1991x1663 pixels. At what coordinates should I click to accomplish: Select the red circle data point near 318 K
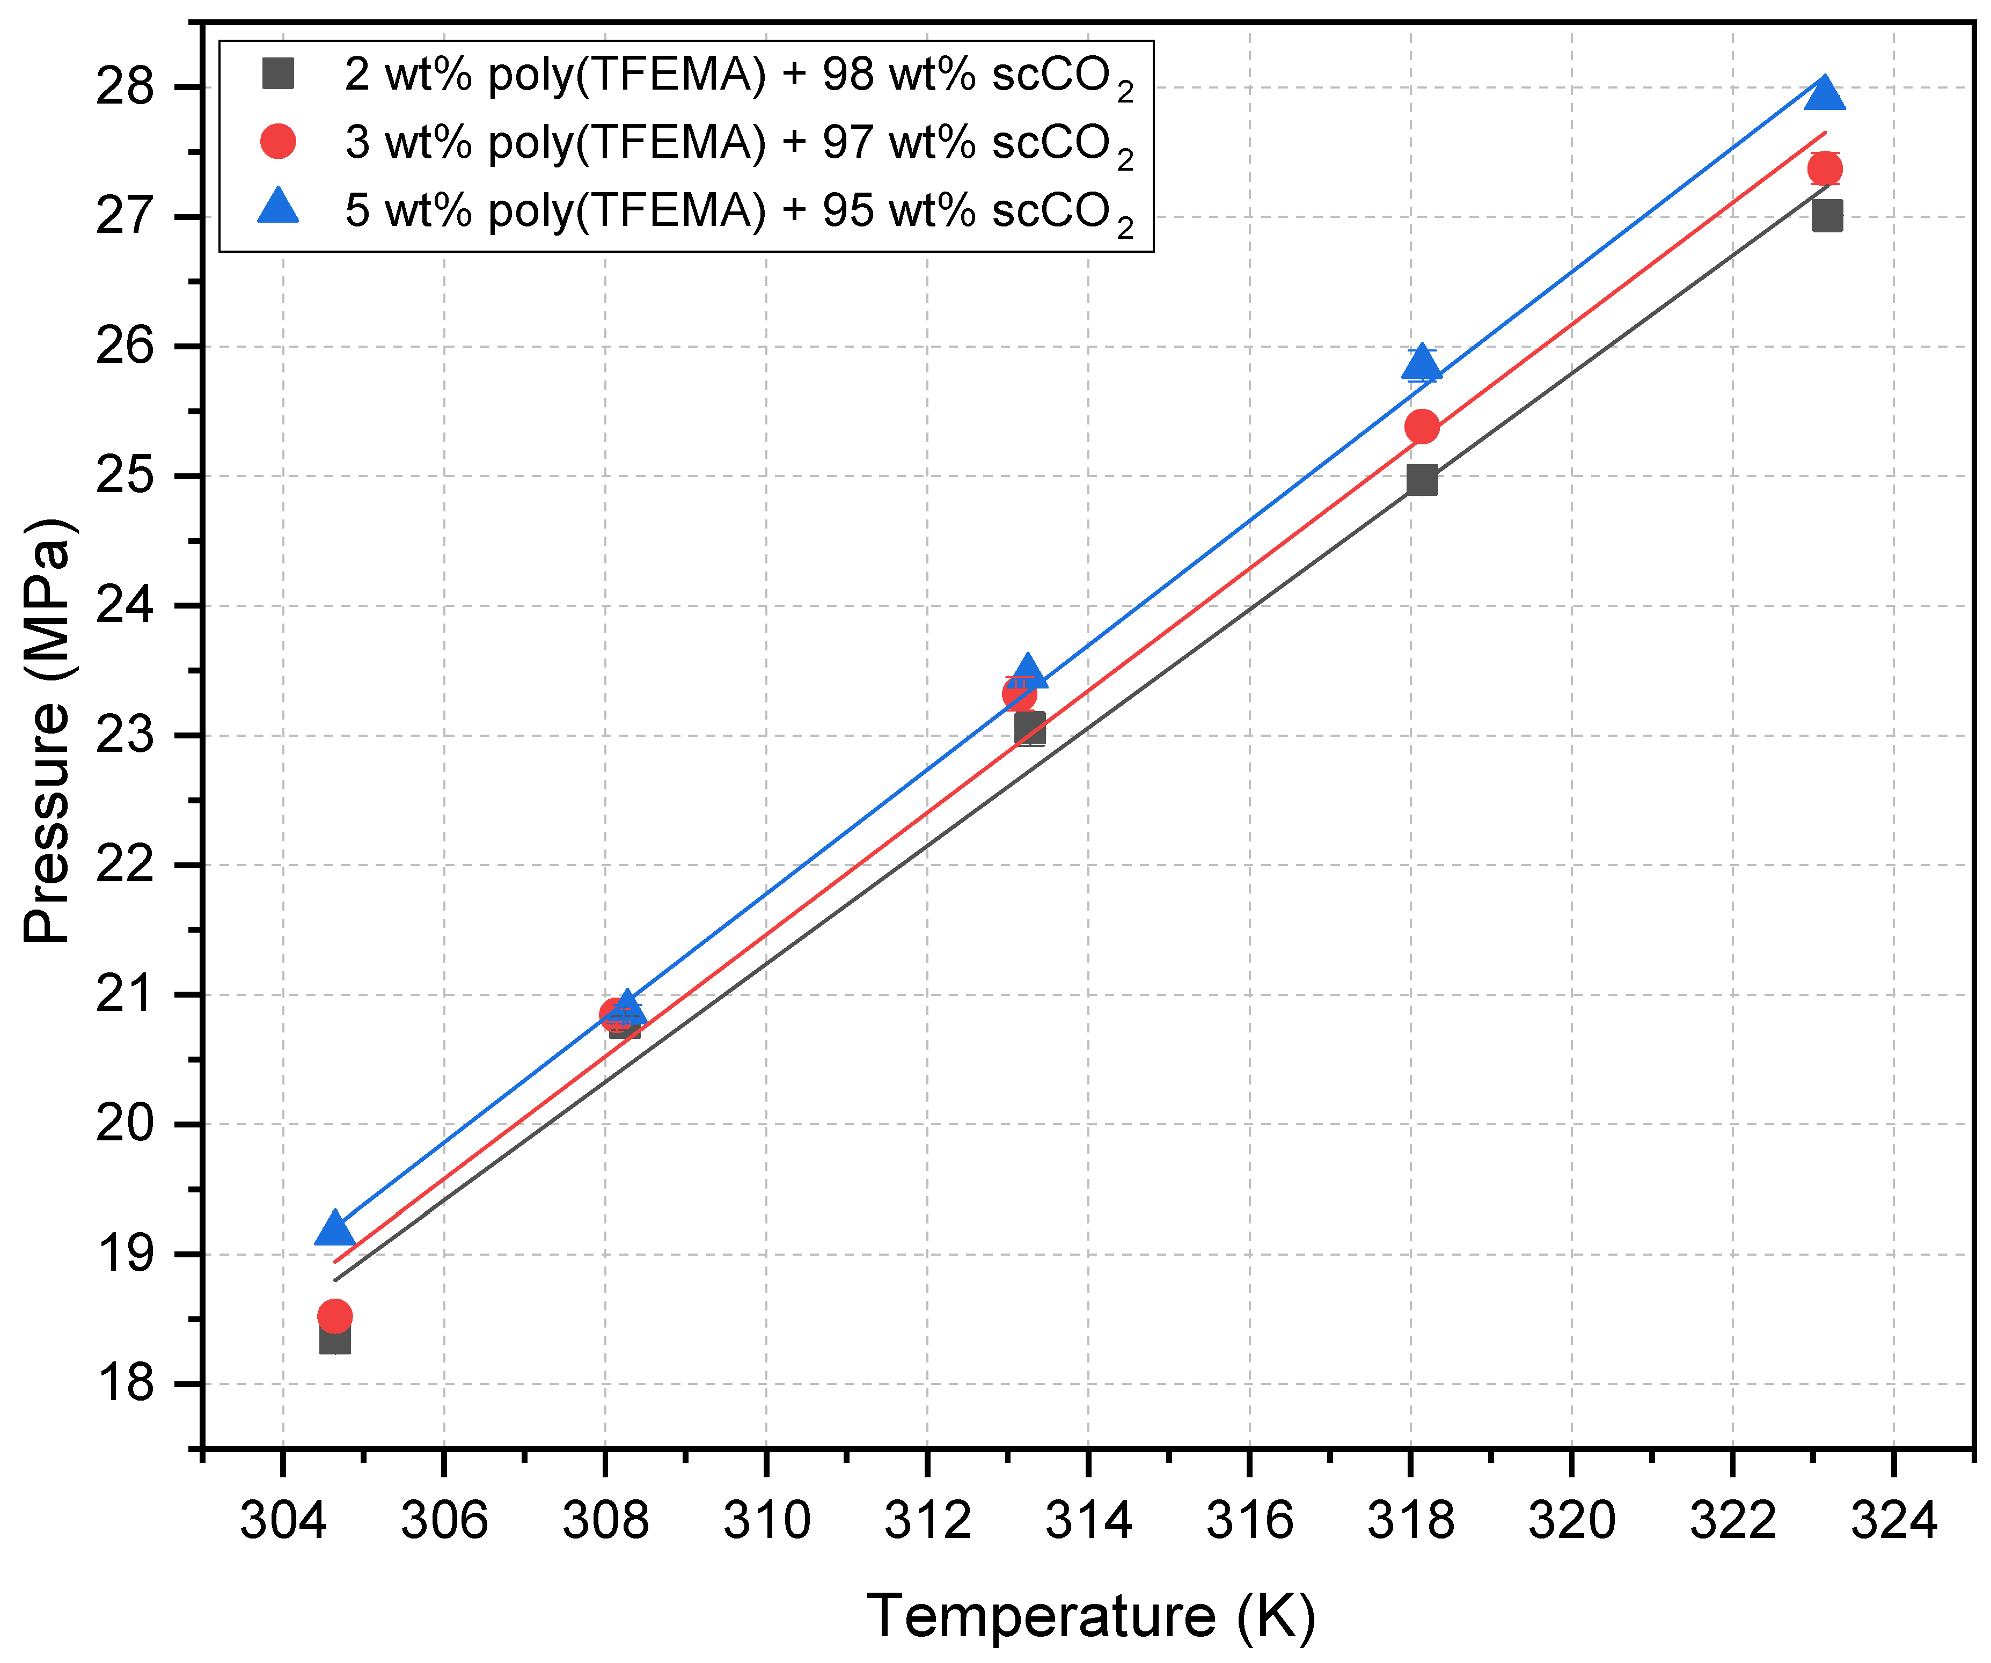(x=1421, y=428)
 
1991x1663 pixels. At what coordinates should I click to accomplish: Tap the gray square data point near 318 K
(x=1421, y=481)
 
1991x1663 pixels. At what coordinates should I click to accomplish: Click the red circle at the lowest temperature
(x=335, y=1316)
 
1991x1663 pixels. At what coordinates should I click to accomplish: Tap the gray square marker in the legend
(x=278, y=73)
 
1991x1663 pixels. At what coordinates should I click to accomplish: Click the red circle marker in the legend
(x=278, y=141)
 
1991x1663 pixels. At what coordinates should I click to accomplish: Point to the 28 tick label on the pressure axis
(x=125, y=87)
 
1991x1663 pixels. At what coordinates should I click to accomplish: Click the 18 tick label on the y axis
(x=125, y=1383)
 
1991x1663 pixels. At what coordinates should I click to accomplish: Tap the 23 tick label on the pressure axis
(x=125, y=736)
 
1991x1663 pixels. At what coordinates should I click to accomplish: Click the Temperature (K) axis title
(x=1090, y=1616)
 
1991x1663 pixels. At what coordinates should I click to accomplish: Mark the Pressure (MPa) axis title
(x=47, y=730)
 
